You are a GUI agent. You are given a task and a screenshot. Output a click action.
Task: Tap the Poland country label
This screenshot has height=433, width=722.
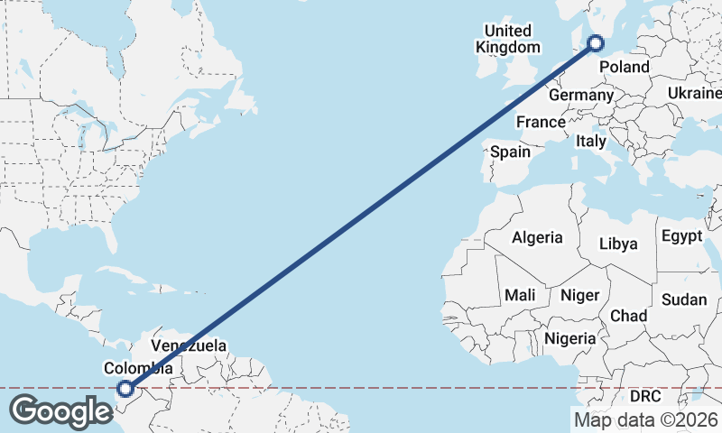625,67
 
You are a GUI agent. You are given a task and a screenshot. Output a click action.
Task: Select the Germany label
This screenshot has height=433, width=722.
580,95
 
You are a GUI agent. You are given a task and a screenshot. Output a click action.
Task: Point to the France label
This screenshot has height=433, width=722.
541,122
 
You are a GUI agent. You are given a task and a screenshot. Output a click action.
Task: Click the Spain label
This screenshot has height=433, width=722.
510,152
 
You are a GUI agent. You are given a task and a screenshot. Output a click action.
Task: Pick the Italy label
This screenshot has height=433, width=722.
591,142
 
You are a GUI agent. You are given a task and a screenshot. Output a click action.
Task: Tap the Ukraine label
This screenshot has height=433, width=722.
695,94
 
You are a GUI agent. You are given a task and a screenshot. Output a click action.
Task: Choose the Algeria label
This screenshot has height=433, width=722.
537,238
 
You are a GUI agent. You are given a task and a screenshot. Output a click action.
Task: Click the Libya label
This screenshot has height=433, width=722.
618,244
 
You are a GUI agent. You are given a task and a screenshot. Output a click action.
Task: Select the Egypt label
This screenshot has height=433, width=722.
681,236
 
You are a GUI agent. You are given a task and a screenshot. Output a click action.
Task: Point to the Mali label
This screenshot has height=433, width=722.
520,295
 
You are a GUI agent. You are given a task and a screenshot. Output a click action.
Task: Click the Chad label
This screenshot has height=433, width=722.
628,316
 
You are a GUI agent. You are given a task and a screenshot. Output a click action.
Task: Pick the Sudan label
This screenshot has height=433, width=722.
684,299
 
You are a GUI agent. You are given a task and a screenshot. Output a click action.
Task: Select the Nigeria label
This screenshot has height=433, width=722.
570,338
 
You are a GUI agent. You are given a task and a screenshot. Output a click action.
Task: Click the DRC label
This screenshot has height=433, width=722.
645,396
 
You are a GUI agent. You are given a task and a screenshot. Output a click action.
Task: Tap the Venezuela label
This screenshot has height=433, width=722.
189,345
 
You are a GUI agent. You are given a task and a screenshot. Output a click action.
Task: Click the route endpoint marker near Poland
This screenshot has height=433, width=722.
596,41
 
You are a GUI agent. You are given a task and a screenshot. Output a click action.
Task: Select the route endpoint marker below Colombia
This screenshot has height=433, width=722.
125,389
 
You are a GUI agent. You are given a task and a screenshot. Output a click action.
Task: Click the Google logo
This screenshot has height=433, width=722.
60,411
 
